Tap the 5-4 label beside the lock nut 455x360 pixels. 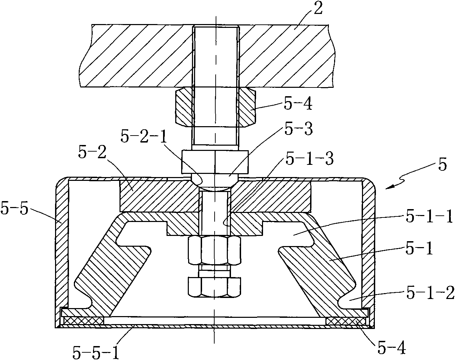[298, 104]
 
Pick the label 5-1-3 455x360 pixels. [309, 159]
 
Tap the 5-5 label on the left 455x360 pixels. [15, 208]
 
